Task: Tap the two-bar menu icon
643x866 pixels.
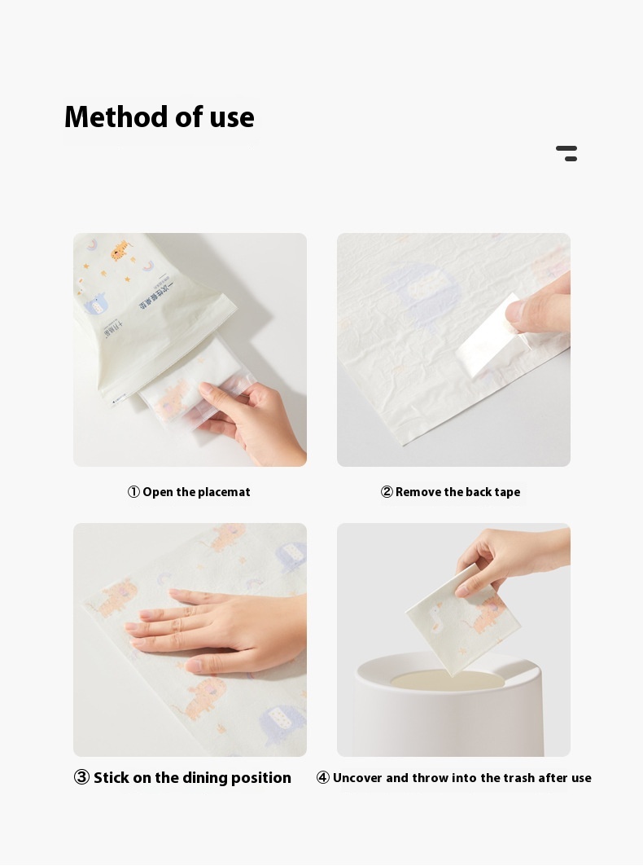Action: click(x=566, y=153)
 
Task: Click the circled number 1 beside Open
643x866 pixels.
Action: click(x=133, y=492)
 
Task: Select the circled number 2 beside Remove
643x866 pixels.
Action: click(x=387, y=492)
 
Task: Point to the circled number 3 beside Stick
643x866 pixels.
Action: click(x=81, y=778)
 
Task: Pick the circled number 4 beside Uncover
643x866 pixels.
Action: click(x=323, y=778)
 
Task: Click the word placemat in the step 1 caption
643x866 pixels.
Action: click(x=225, y=492)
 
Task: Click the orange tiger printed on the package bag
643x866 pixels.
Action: click(x=120, y=250)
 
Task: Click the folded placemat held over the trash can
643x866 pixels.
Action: click(x=460, y=619)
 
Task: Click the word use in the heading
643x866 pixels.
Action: click(x=232, y=117)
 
